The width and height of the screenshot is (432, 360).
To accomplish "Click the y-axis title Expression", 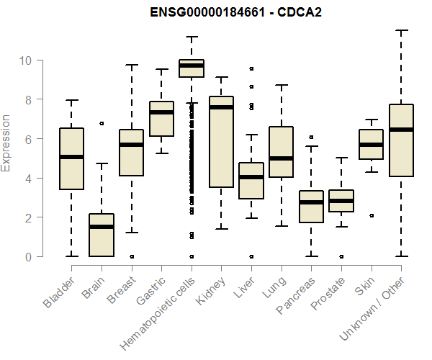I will pos(6,143).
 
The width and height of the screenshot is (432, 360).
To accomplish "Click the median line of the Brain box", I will pos(102,227).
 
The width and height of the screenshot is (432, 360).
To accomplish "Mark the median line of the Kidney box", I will pos(221,107).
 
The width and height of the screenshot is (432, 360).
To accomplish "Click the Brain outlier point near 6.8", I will pos(102,123).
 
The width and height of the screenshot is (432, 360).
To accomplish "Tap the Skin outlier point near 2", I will pos(371,215).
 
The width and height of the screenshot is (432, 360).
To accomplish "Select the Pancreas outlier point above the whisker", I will pos(311,137).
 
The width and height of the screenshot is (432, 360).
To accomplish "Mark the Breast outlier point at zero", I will pos(132,256).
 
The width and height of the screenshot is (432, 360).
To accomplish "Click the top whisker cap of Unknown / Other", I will pos(401,30).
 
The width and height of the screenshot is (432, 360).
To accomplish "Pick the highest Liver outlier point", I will pos(251,68).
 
